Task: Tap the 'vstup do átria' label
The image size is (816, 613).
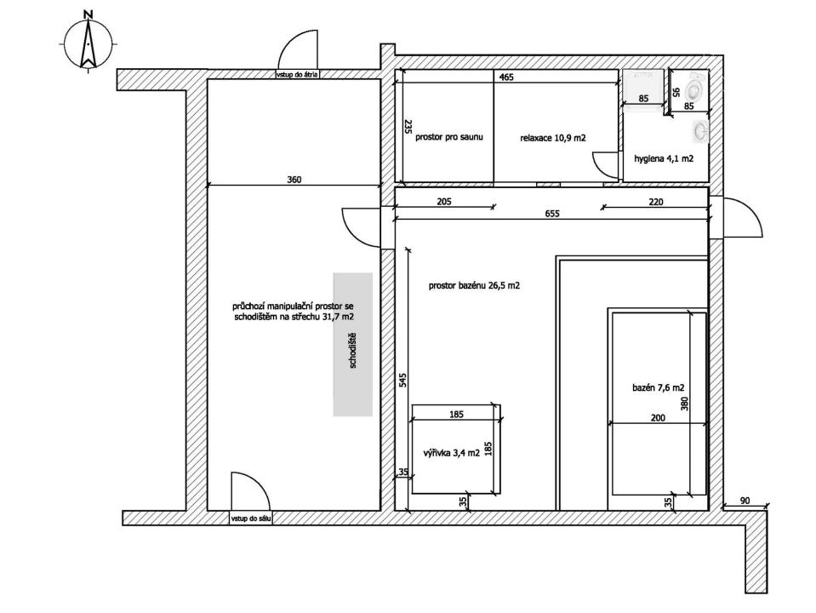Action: click(297, 74)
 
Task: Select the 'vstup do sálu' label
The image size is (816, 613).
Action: click(250, 518)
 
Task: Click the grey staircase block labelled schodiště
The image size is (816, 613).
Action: click(353, 344)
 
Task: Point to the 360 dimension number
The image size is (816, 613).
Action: click(294, 180)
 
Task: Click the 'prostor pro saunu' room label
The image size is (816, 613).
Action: click(449, 137)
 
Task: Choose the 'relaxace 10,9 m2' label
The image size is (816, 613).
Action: click(553, 138)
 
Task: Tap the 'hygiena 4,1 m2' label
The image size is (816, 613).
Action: click(664, 158)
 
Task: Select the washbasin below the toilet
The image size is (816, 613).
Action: click(699, 131)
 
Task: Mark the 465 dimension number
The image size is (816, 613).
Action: click(506, 77)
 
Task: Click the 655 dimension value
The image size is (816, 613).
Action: click(552, 214)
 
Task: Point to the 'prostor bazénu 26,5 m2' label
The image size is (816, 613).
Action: click(474, 285)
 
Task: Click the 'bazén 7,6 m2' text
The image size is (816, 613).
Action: click(658, 387)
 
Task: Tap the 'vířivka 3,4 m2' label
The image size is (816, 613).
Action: click(451, 453)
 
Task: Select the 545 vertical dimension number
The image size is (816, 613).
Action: click(402, 380)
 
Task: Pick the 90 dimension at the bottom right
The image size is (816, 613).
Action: click(745, 501)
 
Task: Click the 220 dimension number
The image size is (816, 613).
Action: click(656, 202)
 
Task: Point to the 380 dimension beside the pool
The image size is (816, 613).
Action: click(684, 404)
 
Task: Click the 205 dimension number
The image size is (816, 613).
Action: click(444, 202)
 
